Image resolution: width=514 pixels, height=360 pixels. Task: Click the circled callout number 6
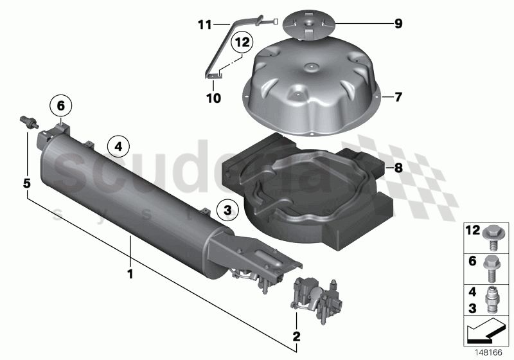click(x=60, y=104)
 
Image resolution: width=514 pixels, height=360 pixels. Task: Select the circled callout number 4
click(x=118, y=147)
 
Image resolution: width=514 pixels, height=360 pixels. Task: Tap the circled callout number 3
click(x=226, y=208)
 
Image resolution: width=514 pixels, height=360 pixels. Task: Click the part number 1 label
click(x=130, y=274)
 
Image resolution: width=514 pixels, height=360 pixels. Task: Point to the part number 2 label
click(x=296, y=336)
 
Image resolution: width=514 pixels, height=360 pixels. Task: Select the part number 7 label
click(x=398, y=98)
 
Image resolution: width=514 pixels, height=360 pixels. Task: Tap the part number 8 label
click(x=398, y=169)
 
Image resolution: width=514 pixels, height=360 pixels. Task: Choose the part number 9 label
click(x=398, y=25)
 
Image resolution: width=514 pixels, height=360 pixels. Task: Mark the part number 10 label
click(x=213, y=98)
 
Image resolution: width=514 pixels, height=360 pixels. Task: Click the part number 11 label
click(x=204, y=25)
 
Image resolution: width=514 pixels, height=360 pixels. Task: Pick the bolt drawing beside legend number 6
click(x=494, y=267)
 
